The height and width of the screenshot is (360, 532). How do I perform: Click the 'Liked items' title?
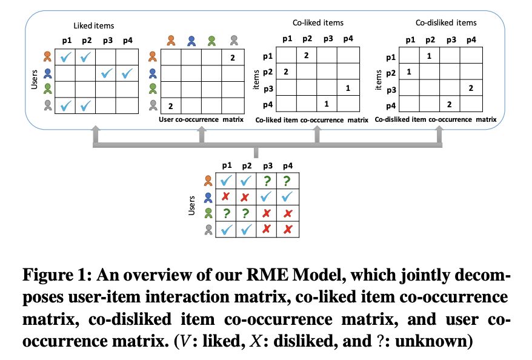93,25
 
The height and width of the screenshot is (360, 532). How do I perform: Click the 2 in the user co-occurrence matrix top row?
232,58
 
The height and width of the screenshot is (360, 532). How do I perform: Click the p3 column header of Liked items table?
107,41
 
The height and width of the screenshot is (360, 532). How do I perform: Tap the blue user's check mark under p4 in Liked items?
127,74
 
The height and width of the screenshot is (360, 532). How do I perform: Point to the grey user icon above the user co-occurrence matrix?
234,41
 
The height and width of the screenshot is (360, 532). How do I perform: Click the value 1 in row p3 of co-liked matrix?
347,88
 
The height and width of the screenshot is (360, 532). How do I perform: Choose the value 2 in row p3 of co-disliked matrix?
470,88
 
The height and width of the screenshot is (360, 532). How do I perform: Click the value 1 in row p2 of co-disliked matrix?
409,72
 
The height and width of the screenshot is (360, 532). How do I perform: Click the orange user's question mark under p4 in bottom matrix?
287,181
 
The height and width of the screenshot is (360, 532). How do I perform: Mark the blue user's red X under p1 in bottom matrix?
225,197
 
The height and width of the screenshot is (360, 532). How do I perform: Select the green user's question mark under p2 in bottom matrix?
246,213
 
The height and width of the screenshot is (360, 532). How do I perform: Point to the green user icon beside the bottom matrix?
208,213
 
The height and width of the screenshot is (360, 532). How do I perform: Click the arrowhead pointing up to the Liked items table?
94,128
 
